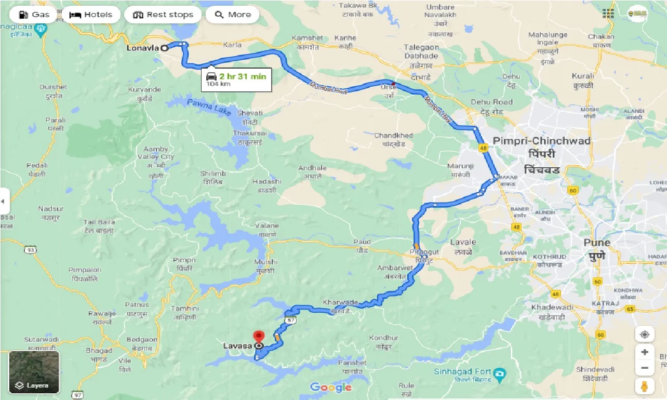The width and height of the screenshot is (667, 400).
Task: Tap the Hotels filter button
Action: coord(91,15)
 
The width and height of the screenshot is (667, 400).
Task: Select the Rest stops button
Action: coord(164,15)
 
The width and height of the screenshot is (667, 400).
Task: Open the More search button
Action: coord(233,15)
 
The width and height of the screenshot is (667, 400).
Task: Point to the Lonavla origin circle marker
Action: coord(164,47)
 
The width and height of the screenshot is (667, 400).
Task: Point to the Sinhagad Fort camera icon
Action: coord(499,372)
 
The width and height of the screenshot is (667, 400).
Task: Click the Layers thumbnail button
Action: coord(34,372)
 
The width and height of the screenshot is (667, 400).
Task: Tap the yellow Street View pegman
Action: coord(644,385)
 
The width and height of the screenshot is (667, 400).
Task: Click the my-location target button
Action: coord(644,334)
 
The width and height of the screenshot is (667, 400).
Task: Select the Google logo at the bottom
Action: coord(331,387)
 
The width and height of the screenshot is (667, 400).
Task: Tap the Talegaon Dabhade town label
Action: coord(421,51)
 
